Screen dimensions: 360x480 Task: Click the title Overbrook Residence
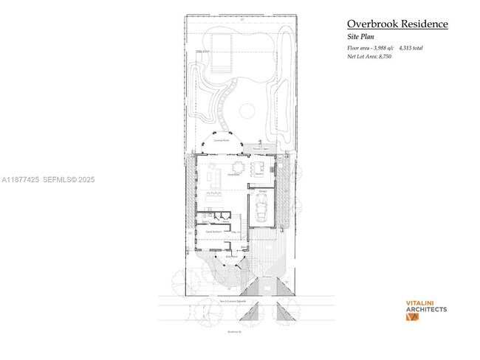[397, 24]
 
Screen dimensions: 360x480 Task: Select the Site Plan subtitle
[361, 36]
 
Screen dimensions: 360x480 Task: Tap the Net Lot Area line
[368, 56]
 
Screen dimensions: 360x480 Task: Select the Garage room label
[261, 190]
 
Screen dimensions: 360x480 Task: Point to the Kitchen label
[259, 174]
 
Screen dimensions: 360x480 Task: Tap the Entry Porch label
[231, 256]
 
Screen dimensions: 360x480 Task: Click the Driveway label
[266, 277]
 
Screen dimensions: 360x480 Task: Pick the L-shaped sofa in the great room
[215, 178]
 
